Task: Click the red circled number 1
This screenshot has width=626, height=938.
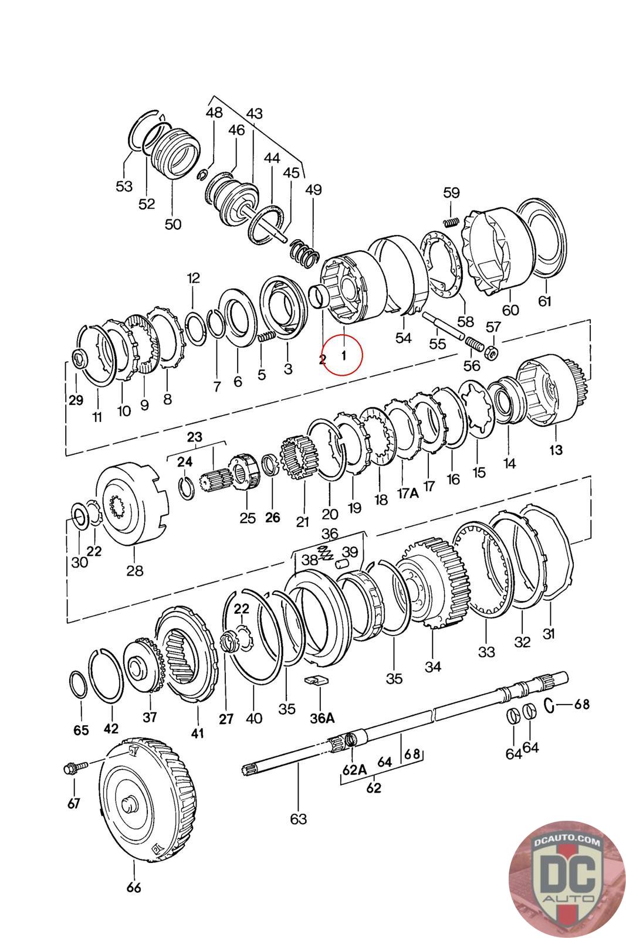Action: (x=343, y=354)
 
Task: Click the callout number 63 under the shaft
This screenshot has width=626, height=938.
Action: (x=299, y=818)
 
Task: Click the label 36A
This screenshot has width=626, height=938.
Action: (x=322, y=718)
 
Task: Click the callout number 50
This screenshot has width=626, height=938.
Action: (x=173, y=224)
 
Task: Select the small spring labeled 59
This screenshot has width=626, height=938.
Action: (x=450, y=222)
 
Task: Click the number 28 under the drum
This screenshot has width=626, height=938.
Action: (x=134, y=570)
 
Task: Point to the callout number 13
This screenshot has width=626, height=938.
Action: (x=556, y=450)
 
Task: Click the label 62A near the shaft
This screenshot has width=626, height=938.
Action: (x=354, y=770)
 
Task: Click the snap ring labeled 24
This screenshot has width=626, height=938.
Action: (x=187, y=488)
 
